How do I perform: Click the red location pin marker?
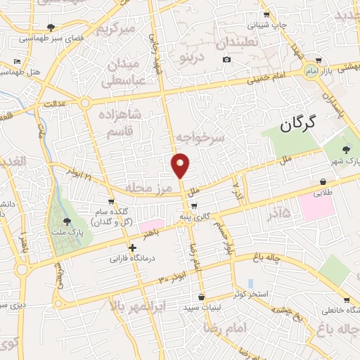181,165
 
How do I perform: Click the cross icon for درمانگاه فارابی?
132,247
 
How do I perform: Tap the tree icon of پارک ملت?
67,221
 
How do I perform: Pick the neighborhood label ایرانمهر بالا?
139,306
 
